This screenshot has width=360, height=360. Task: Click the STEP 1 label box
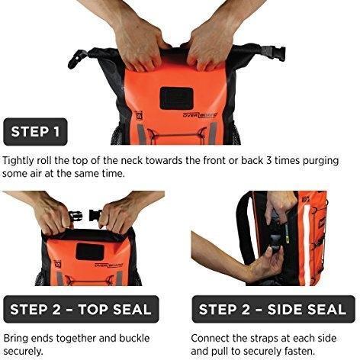pyautogui.click(x=35, y=132)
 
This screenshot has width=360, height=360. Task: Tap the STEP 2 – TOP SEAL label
pyautogui.click(x=81, y=309)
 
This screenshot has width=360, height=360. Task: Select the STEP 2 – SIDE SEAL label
pyautogui.click(x=273, y=309)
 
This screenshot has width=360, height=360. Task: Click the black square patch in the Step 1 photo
pyautogui.click(x=177, y=98)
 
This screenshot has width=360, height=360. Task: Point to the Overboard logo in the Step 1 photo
pyautogui.click(x=201, y=115)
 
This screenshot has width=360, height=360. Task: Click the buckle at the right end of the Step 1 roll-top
pyautogui.click(x=275, y=55)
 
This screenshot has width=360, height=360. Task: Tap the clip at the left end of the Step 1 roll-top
pyautogui.click(x=77, y=59)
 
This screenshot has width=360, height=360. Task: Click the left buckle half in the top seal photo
pyautogui.click(x=76, y=217)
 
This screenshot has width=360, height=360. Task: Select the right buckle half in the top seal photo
pyautogui.click(x=95, y=215)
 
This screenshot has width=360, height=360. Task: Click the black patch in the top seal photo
pyautogui.click(x=90, y=251)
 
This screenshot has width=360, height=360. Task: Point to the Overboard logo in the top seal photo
pyautogui.click(x=109, y=265)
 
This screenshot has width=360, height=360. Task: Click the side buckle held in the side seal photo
pyautogui.click(x=275, y=245)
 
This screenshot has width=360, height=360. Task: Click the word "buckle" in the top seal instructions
pyautogui.click(x=134, y=339)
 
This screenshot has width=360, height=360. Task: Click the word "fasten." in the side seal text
pyautogui.click(x=301, y=352)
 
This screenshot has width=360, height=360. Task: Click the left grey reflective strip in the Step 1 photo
pyautogui.click(x=140, y=134)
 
